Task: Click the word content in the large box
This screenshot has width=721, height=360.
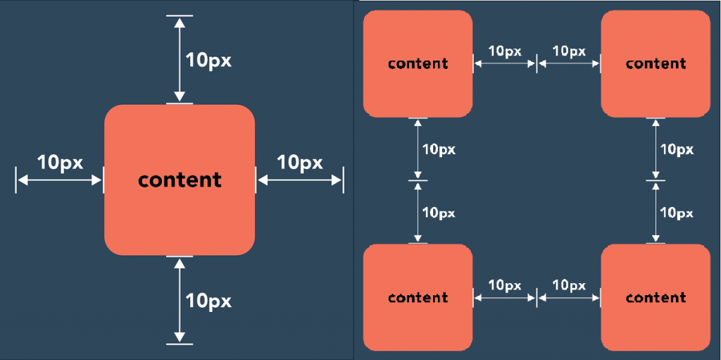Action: coord(180,180)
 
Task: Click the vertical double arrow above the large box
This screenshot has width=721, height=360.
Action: coord(180,59)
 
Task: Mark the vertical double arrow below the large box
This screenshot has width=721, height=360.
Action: coord(180,300)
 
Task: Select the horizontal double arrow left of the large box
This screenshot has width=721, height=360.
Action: coord(59,180)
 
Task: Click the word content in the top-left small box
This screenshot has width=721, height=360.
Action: coord(418,63)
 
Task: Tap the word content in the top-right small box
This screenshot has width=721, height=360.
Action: coord(656,63)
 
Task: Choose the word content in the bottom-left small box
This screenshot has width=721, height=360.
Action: coord(418,297)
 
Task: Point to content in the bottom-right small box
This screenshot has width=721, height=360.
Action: coord(656,297)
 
